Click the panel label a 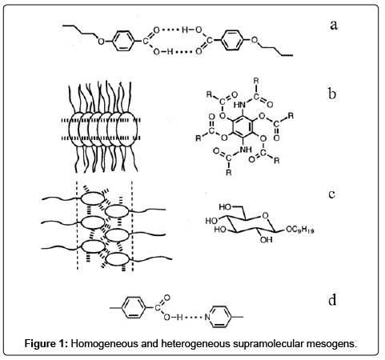click(334, 26)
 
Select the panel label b click(332, 94)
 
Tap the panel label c click(332, 194)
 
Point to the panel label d click(332, 300)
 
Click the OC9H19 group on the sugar click(299, 230)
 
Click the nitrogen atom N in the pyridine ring click(207, 317)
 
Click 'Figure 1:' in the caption click(46, 343)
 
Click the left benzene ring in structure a click(122, 41)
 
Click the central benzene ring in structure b click(243, 126)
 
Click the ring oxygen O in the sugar click(265, 215)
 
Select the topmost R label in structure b click(256, 80)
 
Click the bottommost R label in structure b click(229, 173)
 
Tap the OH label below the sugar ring click(267, 240)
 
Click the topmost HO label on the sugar click(225, 207)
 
